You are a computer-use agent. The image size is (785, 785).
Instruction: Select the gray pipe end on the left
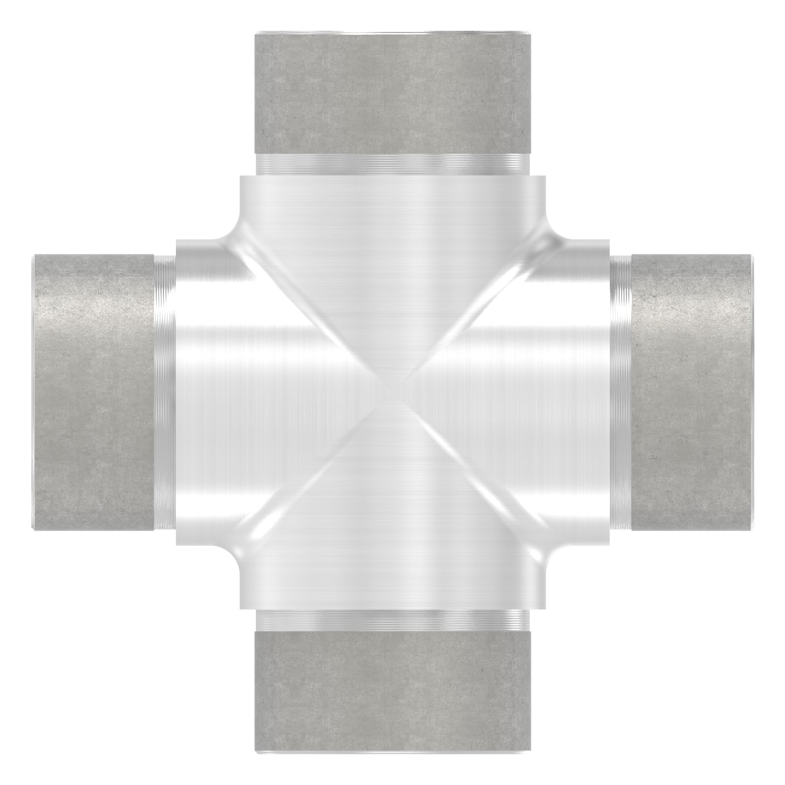pyautogui.click(x=92, y=394)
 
